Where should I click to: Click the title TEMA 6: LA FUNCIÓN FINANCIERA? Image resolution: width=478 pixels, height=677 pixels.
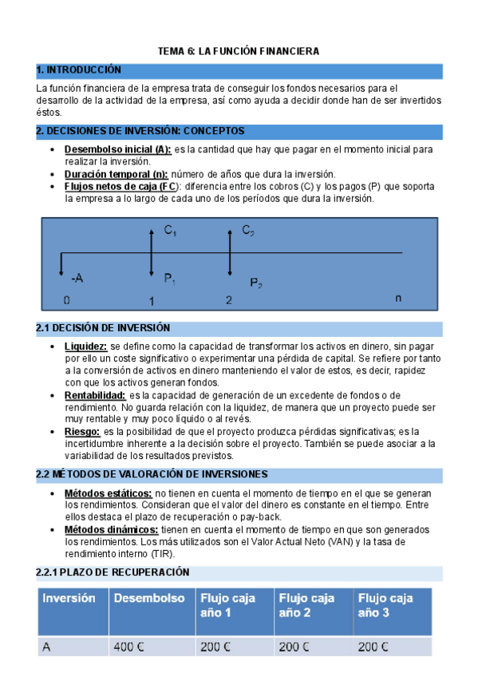pyautogui.click(x=237, y=51)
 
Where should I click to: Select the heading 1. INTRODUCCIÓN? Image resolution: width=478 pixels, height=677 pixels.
pyautogui.click(x=79, y=70)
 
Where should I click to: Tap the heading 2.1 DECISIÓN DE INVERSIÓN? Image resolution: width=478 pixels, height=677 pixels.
pyautogui.click(x=104, y=328)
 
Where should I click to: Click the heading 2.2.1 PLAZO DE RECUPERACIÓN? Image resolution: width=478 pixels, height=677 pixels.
pyautogui.click(x=113, y=572)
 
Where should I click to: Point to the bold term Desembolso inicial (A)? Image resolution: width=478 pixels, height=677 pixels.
pyautogui.click(x=117, y=149)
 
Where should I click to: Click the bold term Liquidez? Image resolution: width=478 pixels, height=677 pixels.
pyautogui.click(x=85, y=346)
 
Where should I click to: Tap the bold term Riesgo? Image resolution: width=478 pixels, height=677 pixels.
pyautogui.click(x=82, y=432)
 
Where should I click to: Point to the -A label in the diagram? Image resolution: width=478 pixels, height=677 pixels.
pyautogui.click(x=77, y=279)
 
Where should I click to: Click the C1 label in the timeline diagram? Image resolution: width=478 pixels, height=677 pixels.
pyautogui.click(x=171, y=231)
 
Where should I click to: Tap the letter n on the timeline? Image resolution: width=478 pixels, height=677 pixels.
pyautogui.click(x=399, y=297)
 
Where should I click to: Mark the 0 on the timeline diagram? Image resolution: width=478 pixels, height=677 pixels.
pyautogui.click(x=67, y=301)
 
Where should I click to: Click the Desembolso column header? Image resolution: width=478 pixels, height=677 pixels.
pyautogui.click(x=149, y=598)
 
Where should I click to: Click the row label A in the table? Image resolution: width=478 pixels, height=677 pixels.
pyautogui.click(x=46, y=647)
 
